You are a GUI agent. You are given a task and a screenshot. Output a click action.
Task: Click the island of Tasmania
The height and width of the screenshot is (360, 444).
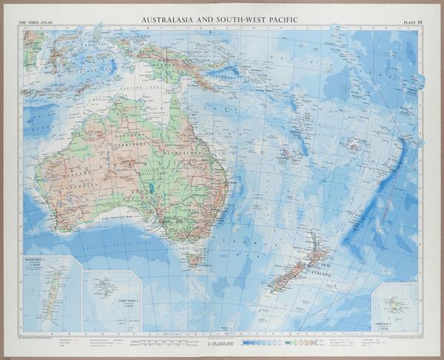pyautogui.click(x=193, y=258)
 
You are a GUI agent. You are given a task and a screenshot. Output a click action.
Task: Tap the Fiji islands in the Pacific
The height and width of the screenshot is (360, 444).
pyautogui.click(x=353, y=144)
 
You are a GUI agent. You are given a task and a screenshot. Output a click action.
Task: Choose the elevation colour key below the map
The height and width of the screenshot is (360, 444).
pyautogui.click(x=292, y=342)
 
